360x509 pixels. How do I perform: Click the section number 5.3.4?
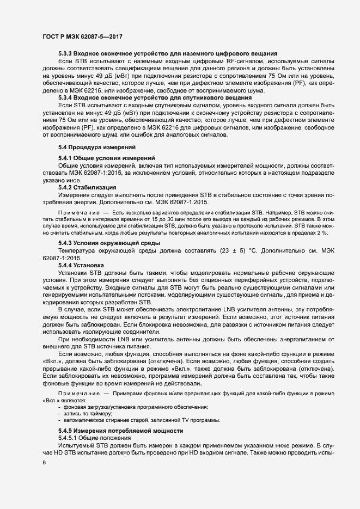click(66, 98)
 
